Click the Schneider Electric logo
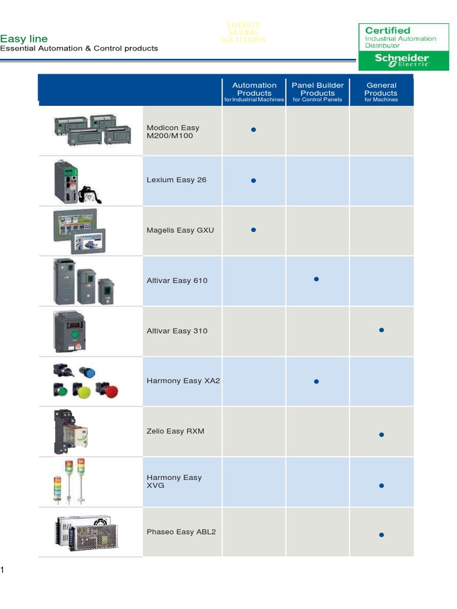[402, 61]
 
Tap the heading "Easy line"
[24, 39]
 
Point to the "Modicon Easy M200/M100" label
[173, 131]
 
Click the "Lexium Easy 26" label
[177, 180]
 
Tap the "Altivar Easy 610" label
[177, 280]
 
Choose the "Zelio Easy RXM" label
[176, 431]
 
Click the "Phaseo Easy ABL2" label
[181, 532]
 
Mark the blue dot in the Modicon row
[253, 129]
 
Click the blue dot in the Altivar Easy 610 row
[317, 278]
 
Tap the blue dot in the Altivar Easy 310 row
[381, 329]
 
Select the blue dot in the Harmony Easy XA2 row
[317, 381]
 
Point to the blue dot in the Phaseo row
[381, 535]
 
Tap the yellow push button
[83, 391]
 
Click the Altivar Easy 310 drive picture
[70, 332]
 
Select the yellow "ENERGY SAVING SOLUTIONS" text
[243, 32]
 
